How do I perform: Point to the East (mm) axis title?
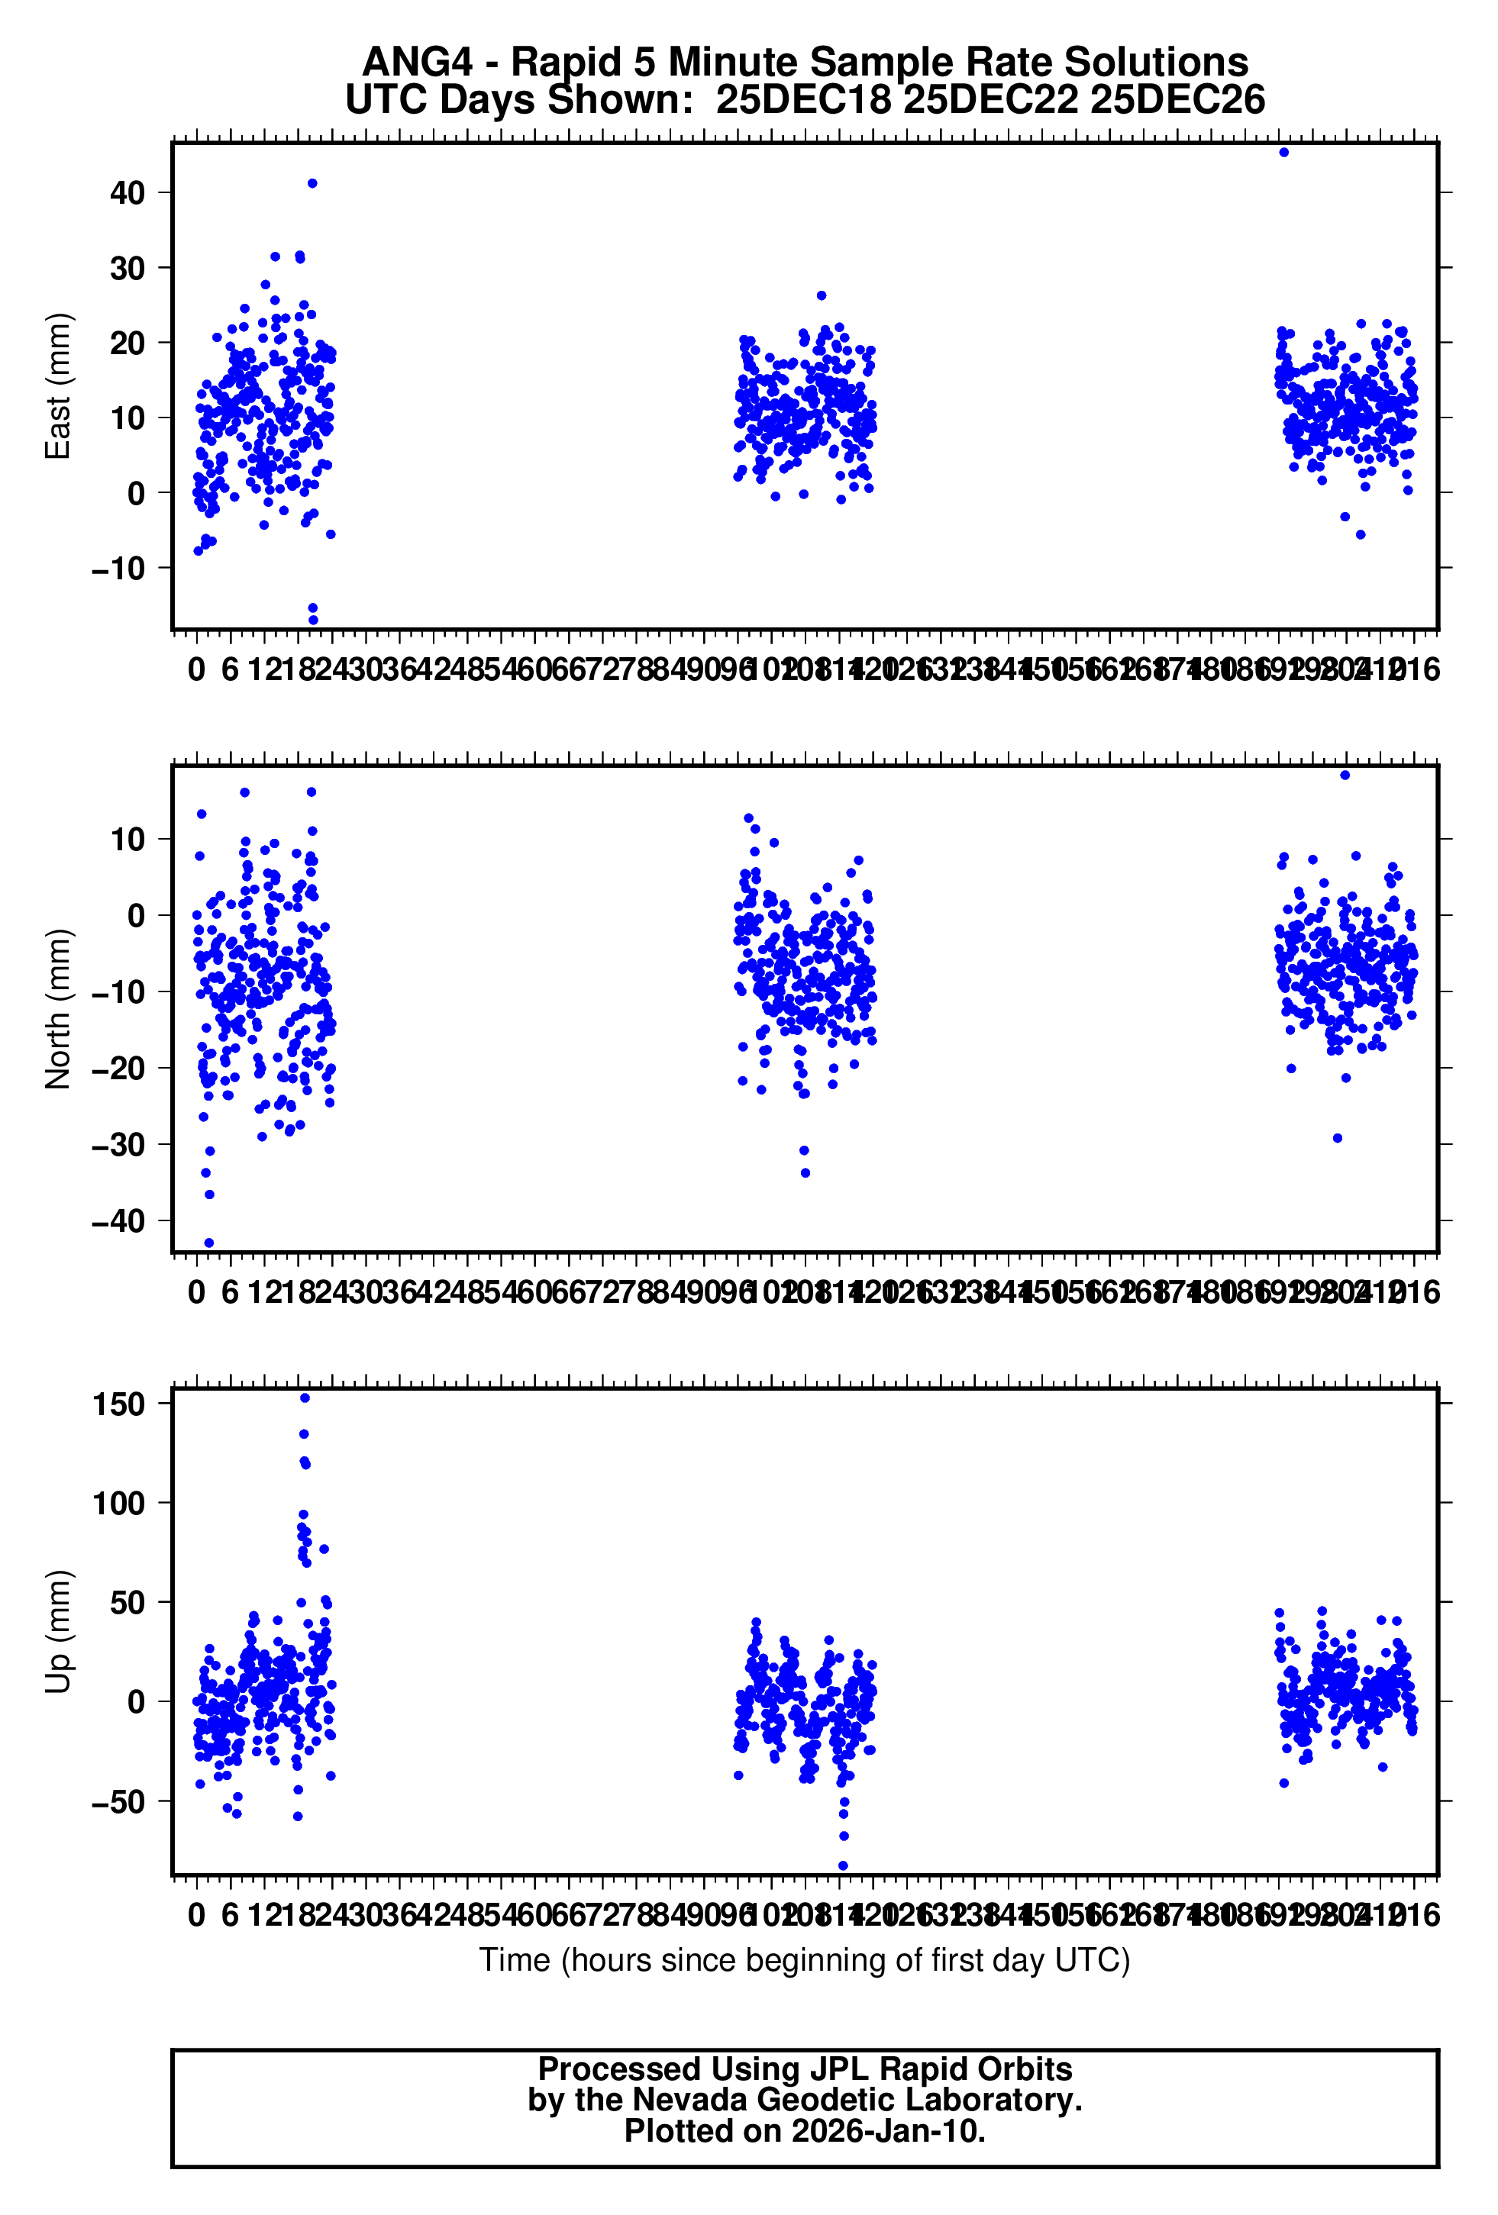[x=58, y=386]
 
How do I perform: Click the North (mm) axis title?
[x=58, y=1008]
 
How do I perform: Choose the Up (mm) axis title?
[x=58, y=1631]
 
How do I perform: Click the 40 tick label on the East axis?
[x=127, y=193]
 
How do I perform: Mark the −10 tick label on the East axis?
[x=118, y=569]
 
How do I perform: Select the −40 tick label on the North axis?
[x=118, y=1221]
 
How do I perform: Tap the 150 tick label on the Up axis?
[x=118, y=1404]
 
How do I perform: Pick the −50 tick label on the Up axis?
[x=118, y=1801]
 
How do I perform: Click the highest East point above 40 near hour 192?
[x=1283, y=153]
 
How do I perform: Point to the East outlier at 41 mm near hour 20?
[x=312, y=183]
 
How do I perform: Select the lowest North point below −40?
[x=209, y=1243]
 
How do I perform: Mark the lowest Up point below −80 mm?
[x=843, y=1866]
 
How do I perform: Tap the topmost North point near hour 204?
[x=1345, y=775]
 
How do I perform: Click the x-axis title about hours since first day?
[x=804, y=1961]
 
